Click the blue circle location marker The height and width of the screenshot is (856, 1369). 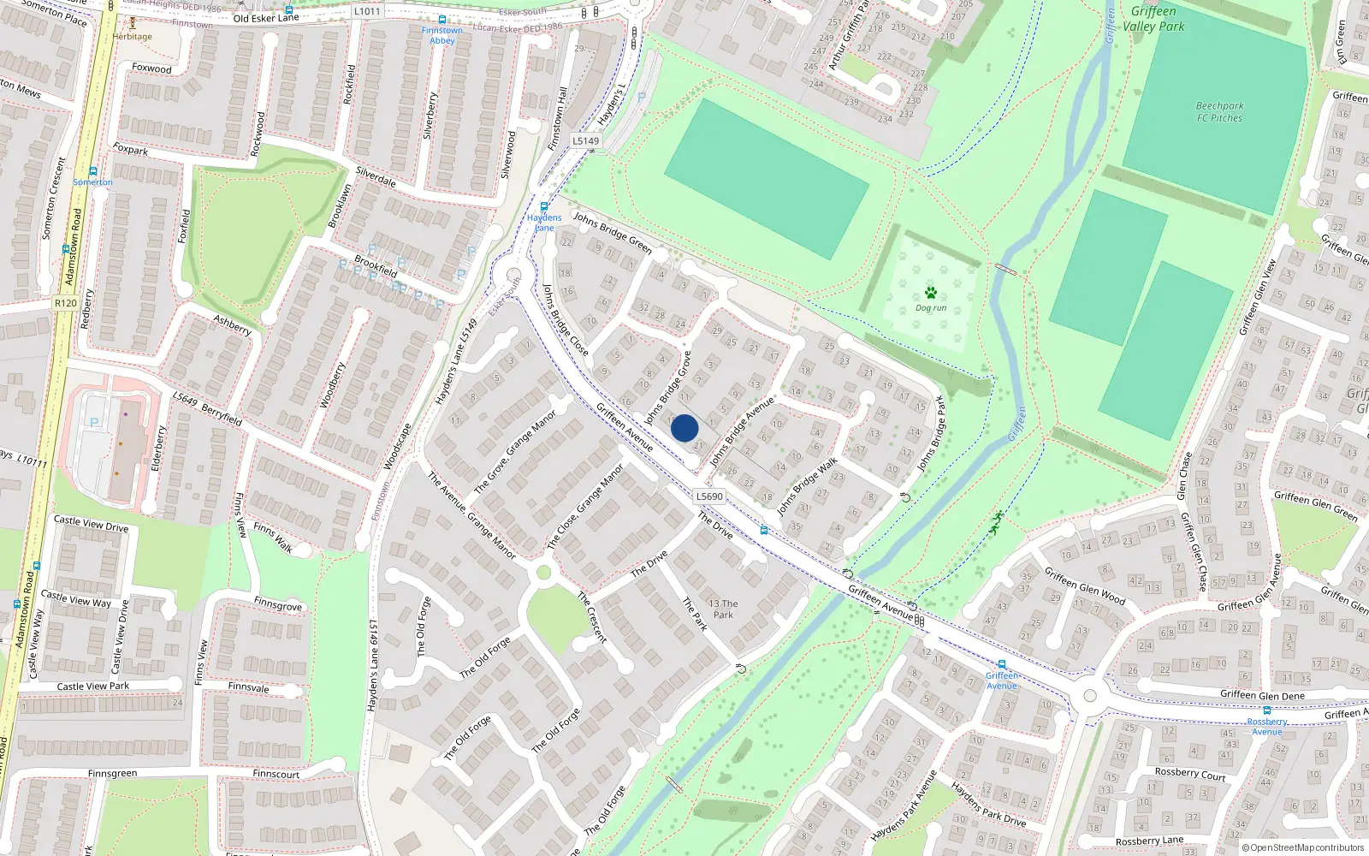click(684, 428)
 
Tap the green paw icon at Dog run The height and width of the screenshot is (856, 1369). click(931, 293)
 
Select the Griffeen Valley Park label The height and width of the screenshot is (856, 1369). click(1153, 19)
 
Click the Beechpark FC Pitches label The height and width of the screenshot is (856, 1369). click(1220, 112)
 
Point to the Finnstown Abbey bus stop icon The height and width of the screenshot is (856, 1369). click(442, 19)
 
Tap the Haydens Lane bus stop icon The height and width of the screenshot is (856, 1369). click(544, 206)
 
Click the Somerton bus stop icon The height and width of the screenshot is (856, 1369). click(92, 171)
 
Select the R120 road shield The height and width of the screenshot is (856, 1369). click(66, 303)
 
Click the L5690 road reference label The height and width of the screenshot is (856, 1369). click(709, 496)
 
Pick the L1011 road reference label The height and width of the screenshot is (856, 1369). click(367, 11)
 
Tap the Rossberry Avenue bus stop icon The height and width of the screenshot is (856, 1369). click(1266, 710)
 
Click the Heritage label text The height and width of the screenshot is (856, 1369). click(133, 37)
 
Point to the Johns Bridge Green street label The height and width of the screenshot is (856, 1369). click(613, 233)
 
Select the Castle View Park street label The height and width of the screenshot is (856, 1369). click(93, 686)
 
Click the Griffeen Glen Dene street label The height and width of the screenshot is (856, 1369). click(1262, 695)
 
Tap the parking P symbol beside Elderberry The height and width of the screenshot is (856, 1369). click(94, 422)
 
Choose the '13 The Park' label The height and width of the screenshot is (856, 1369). click(723, 609)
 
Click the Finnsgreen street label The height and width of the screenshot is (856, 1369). click(112, 774)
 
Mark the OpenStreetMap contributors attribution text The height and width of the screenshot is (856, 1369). click(1303, 847)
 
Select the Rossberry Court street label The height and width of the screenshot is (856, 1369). click(1190, 774)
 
